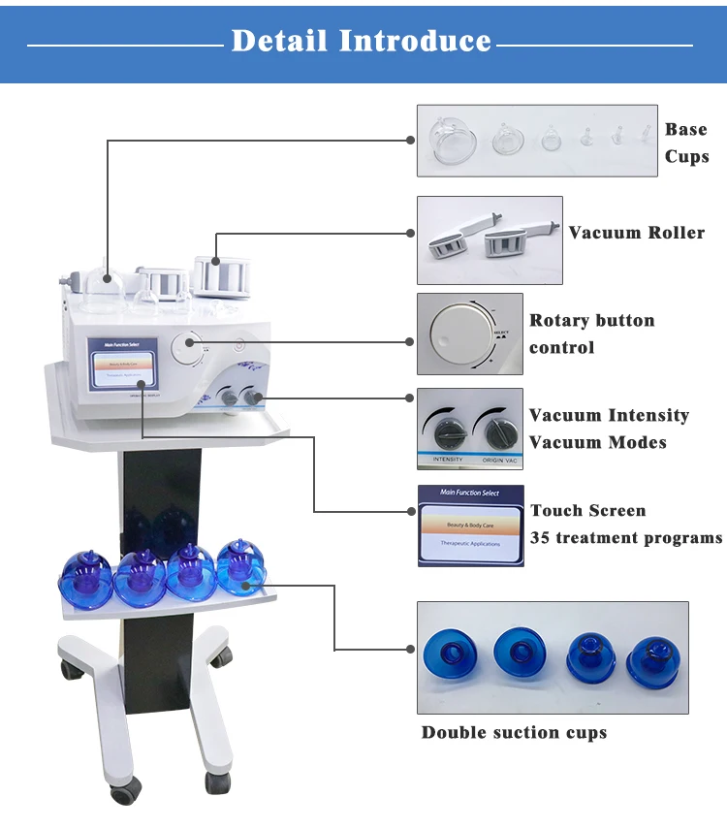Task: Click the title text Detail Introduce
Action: [362, 41]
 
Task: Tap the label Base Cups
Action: [686, 143]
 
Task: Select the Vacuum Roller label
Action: [636, 233]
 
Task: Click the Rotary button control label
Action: [591, 334]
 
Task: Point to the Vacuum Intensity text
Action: [609, 416]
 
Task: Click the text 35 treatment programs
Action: [626, 538]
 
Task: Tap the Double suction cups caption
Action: [514, 732]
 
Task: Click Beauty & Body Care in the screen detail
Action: [470, 524]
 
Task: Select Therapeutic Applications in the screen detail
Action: [470, 544]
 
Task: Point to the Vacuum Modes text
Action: [597, 443]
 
